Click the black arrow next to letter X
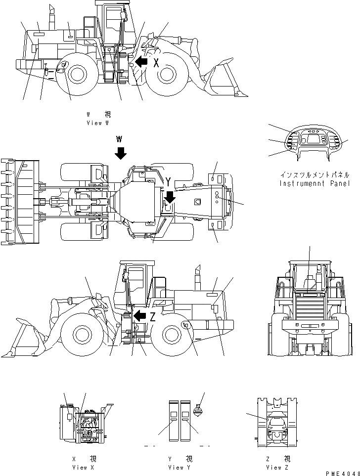click(141, 62)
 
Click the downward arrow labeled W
click(120, 152)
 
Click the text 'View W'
click(97, 123)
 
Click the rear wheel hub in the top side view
click(77, 74)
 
